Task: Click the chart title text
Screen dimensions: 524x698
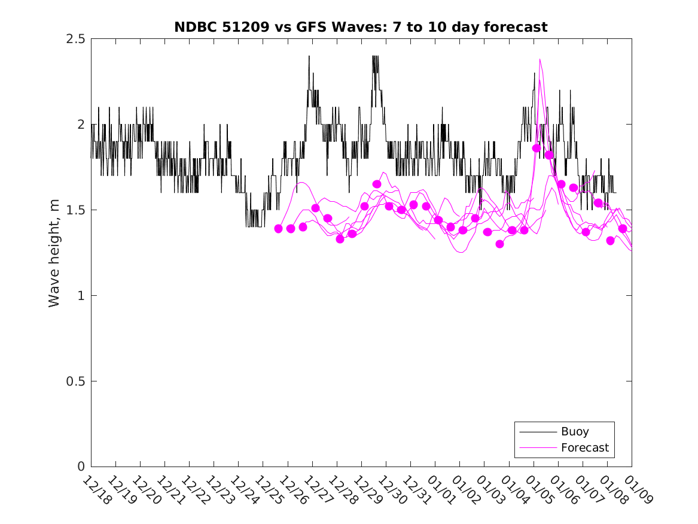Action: [x=361, y=27]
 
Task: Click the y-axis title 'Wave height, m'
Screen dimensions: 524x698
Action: [x=54, y=253]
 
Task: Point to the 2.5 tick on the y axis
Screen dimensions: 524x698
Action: [x=77, y=39]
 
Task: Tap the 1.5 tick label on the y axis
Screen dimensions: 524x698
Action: [x=77, y=210]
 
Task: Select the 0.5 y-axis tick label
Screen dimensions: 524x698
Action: [x=77, y=381]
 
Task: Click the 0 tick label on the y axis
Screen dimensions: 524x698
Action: [x=81, y=467]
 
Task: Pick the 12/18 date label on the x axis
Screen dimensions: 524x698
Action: [x=96, y=490]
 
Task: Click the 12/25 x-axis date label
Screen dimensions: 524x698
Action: [x=269, y=490]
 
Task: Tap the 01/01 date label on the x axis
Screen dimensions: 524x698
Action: [x=441, y=490]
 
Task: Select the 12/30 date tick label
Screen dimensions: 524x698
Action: [x=392, y=490]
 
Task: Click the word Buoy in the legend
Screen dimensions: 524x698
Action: [x=575, y=432]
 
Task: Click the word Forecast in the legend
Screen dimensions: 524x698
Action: [x=585, y=447]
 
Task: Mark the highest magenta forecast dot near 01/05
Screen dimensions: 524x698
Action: [x=537, y=148]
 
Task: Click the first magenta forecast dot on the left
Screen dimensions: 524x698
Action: [x=278, y=229]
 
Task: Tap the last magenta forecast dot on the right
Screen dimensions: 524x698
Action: [x=623, y=229]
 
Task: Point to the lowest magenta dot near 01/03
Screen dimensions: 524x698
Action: [x=500, y=244]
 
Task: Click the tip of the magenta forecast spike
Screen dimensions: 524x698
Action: [x=539, y=59]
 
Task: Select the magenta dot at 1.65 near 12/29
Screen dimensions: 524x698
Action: [x=377, y=184]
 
